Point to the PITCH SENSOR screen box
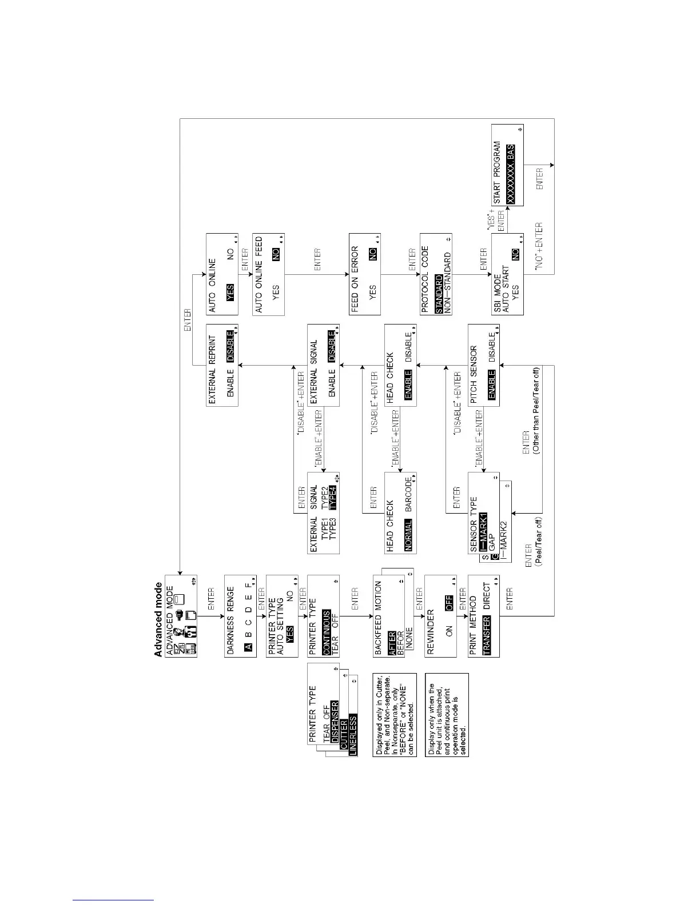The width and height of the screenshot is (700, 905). (483, 365)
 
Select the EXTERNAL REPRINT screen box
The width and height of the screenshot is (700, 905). (222, 365)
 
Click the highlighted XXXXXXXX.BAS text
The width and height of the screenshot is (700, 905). (511, 174)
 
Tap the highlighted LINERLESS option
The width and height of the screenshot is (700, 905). (353, 734)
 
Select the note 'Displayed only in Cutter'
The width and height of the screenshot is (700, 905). (395, 714)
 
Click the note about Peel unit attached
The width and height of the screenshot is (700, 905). (447, 714)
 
